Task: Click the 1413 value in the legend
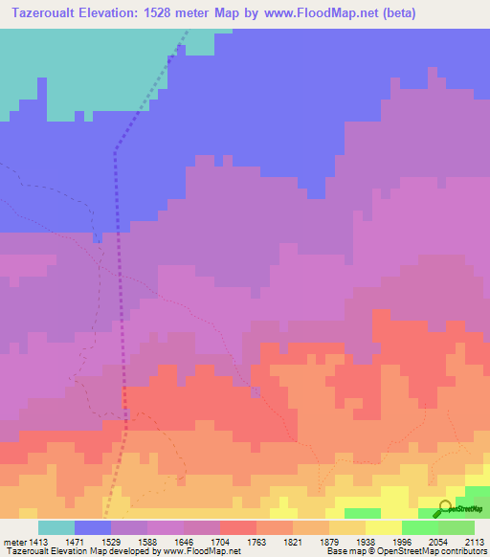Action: click(38, 543)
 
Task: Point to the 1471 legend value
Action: click(75, 543)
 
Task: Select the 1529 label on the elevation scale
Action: click(112, 543)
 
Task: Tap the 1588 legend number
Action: click(148, 543)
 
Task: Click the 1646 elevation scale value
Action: click(185, 543)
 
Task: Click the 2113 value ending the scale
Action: click(476, 543)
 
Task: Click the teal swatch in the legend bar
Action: click(56, 527)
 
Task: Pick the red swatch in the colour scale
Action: click(238, 527)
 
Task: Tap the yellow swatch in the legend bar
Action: click(384, 527)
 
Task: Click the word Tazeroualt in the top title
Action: click(43, 13)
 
